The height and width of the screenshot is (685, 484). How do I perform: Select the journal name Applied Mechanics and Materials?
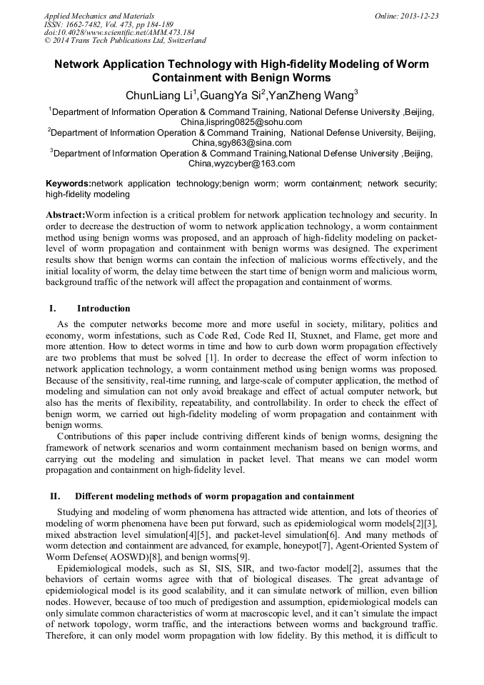click(99, 15)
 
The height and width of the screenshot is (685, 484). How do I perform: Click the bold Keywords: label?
click(68, 184)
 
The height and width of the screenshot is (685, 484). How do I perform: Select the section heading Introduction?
click(104, 309)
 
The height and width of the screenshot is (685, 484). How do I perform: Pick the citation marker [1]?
click(210, 357)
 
